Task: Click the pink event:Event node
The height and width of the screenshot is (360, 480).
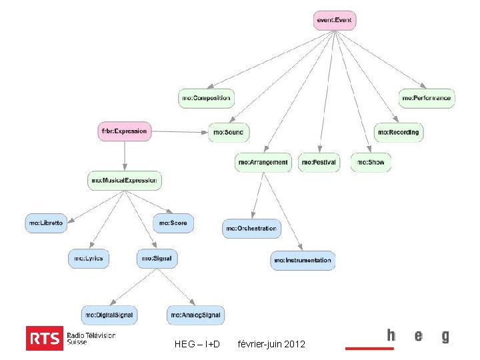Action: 335,20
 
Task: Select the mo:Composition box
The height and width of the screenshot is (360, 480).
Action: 206,98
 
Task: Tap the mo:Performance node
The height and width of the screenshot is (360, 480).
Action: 427,98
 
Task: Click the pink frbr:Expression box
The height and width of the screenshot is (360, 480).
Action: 124,131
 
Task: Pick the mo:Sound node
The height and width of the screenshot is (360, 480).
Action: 228,132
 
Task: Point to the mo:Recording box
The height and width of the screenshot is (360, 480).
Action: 399,132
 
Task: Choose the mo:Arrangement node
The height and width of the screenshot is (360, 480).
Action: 263,162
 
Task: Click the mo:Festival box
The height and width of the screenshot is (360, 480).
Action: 319,162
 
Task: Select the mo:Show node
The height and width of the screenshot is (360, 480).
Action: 371,162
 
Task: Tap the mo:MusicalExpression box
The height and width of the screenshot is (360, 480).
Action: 125,180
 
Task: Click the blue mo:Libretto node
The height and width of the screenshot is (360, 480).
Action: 47,223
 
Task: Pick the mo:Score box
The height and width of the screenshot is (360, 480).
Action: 173,223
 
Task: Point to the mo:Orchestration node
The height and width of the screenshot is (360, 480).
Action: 251,229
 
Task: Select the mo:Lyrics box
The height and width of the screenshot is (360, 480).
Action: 89,258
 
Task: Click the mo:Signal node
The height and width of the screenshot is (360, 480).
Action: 157,258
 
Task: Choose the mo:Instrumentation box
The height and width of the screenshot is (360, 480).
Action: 303,260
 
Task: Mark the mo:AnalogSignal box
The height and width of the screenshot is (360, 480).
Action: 195,315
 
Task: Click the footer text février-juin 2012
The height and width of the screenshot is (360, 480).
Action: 271,344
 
